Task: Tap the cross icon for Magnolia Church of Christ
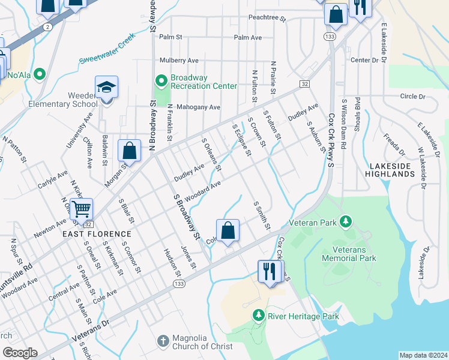click(x=162, y=341)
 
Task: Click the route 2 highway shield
click(x=47, y=27)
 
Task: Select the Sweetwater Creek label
click(x=107, y=52)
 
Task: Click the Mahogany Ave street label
click(x=197, y=107)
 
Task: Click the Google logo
click(x=20, y=353)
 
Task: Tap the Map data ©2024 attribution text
click(x=423, y=355)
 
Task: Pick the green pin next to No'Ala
click(x=40, y=75)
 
